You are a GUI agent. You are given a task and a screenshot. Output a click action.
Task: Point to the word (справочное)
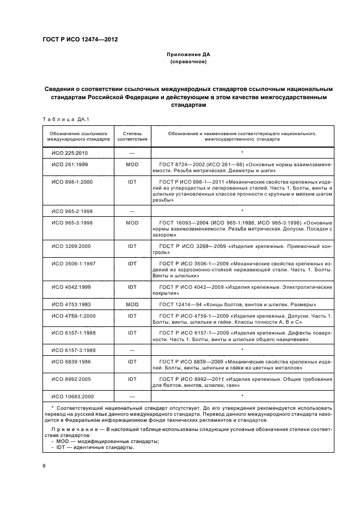pos(180,62)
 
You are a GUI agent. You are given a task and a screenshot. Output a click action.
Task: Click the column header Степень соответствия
pos(132,136)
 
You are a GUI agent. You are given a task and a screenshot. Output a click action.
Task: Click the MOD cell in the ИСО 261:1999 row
pos(132,163)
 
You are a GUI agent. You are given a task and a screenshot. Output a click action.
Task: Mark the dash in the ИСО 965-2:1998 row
pos(132,210)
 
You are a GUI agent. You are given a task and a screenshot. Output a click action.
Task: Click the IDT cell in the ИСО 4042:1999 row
pos(132,287)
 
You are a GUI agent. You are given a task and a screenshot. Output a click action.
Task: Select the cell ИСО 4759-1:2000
pos(74,315)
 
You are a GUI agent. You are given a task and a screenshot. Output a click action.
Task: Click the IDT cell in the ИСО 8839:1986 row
pos(132,361)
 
